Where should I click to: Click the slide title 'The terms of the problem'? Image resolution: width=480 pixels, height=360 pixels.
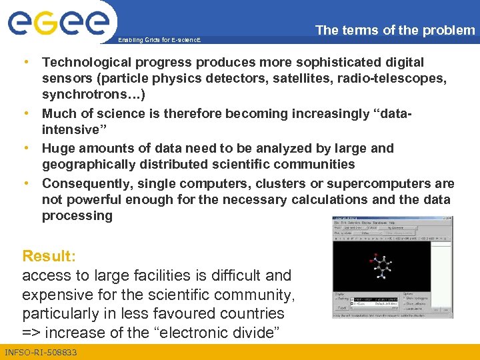tap(395, 30)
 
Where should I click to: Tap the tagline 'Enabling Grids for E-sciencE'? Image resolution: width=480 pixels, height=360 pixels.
tap(158, 41)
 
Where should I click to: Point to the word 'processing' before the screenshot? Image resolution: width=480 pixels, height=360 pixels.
tap(77, 216)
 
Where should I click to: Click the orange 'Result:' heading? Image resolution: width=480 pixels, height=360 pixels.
tap(49, 256)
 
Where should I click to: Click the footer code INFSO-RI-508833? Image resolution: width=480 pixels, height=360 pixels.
tap(41, 352)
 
